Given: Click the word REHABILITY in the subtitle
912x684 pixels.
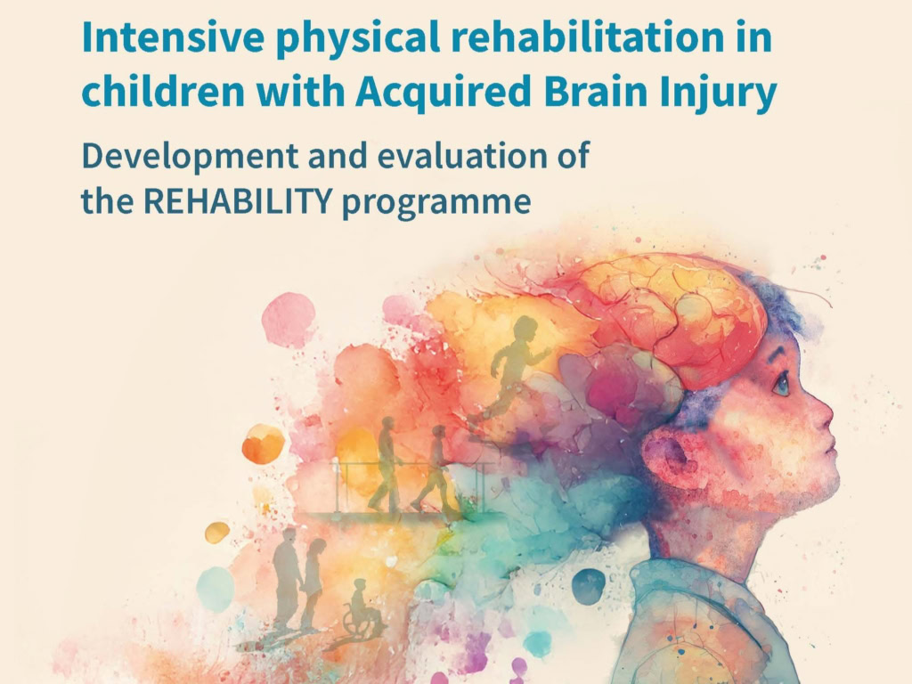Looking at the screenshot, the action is point(237,201).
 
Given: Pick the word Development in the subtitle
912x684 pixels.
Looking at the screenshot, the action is point(191,157).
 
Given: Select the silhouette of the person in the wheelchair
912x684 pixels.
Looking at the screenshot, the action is point(361,608).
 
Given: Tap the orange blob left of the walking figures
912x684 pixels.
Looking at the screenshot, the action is point(263,444).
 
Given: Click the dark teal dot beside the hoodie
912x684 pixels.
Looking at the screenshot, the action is point(589,586).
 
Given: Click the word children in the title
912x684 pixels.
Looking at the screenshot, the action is point(163,93).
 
